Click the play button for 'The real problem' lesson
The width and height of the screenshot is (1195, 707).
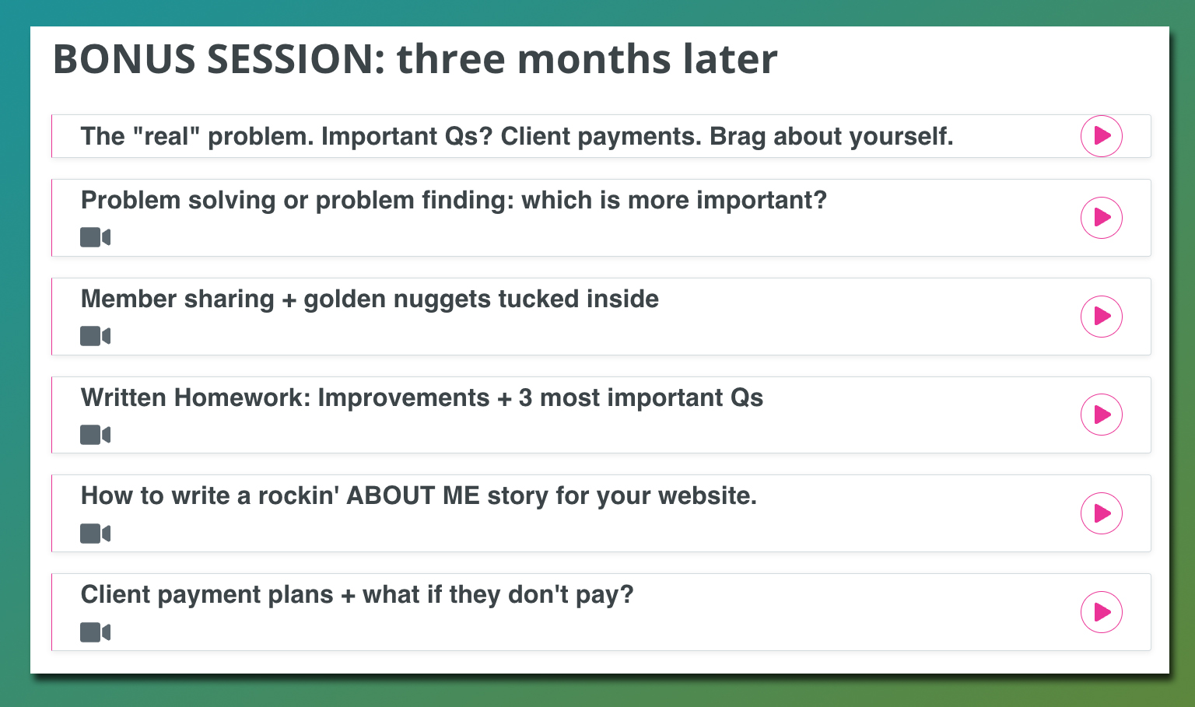[1101, 136]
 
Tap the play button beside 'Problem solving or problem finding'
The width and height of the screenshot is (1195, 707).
[1101, 218]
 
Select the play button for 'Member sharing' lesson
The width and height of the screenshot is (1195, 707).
[1101, 317]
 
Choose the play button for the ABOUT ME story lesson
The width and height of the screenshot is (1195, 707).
[1101, 513]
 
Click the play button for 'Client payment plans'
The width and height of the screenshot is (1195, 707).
[1101, 611]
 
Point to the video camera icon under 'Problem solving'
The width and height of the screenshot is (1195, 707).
[96, 237]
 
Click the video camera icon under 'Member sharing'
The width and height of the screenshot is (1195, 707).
[96, 336]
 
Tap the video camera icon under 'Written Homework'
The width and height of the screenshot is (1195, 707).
[96, 435]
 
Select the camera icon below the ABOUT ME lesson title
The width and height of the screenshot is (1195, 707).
[96, 534]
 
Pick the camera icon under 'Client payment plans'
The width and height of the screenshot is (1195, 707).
[96, 632]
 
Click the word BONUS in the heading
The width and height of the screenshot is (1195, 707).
[124, 59]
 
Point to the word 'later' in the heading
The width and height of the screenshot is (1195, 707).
[730, 58]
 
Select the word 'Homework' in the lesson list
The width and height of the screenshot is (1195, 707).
[242, 397]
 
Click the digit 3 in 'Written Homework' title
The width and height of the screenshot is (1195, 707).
[525, 397]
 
